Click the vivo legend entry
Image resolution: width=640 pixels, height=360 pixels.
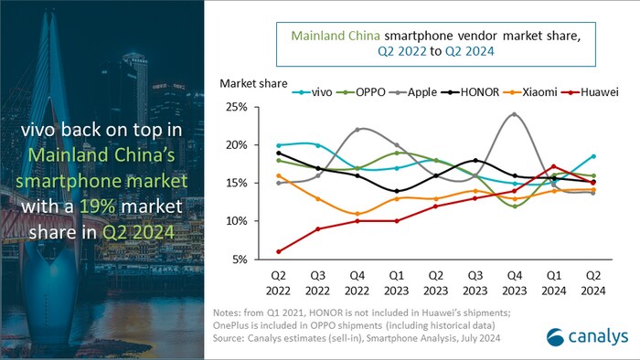[x=316, y=92]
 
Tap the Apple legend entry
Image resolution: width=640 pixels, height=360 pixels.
[x=421, y=92]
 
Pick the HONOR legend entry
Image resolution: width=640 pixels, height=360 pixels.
[x=478, y=92]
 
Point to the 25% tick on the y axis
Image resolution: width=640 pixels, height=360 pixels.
[x=235, y=107]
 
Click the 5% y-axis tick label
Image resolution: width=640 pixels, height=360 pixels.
[x=238, y=260]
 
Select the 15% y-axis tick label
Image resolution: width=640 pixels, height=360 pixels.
[x=235, y=184]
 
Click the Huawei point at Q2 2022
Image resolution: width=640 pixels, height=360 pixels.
[x=279, y=251]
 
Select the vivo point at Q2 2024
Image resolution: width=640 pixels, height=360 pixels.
[x=593, y=156]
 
